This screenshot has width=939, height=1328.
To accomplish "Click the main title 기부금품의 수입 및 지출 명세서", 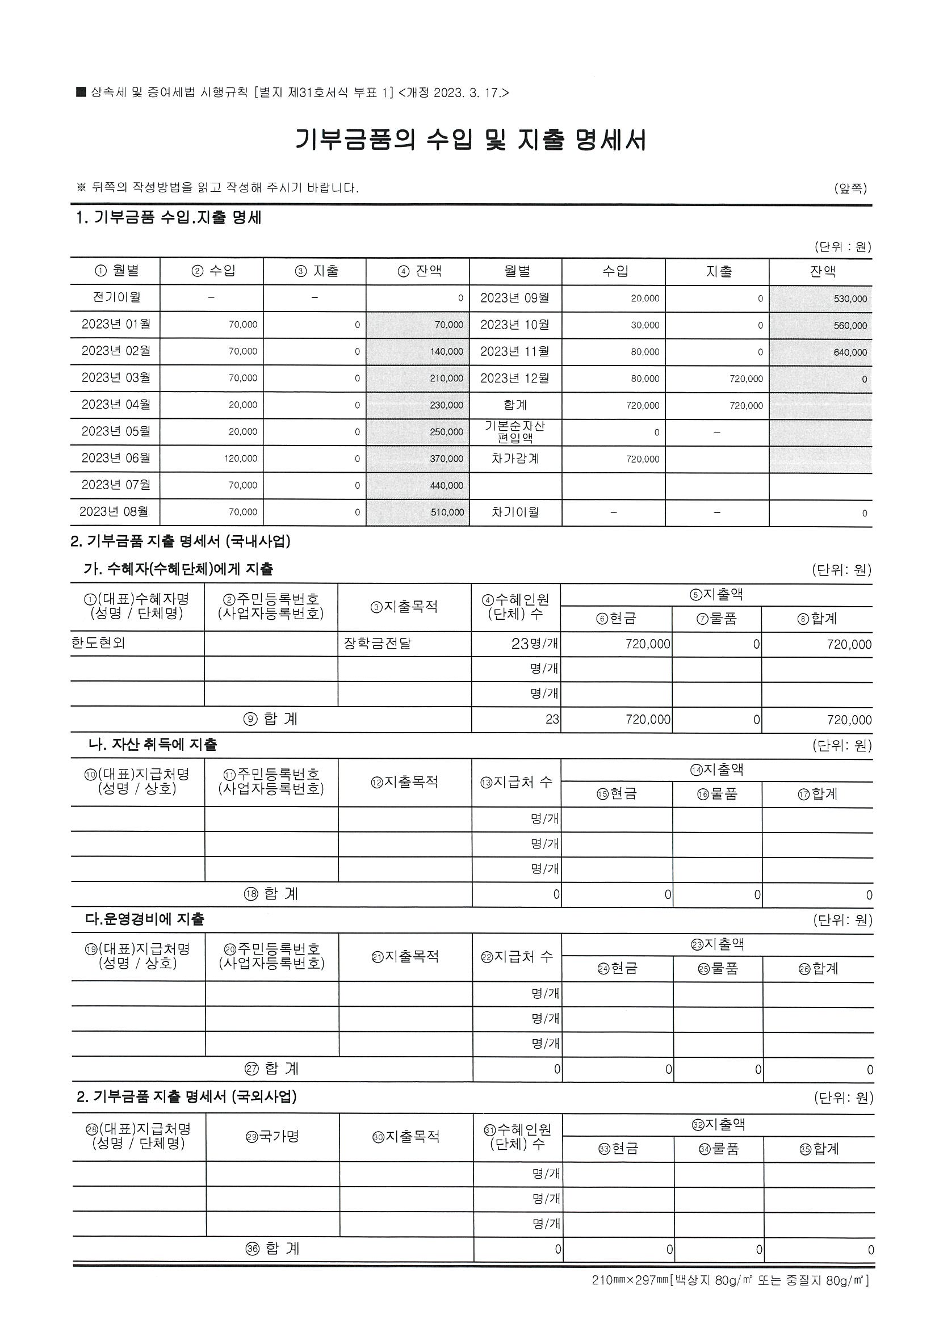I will point(471,140).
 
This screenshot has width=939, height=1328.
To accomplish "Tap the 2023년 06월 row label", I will point(116,458).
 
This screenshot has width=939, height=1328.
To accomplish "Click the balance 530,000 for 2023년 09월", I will point(850,299).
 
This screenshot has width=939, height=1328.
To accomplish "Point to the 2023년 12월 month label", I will point(514,379).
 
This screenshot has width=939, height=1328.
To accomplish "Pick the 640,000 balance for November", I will point(850,352).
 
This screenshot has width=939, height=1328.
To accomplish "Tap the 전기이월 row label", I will point(116,297).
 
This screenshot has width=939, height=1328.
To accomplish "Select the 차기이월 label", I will point(515,512).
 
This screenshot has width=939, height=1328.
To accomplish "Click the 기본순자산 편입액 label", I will point(515,432).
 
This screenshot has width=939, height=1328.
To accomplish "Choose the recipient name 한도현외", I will point(98,643).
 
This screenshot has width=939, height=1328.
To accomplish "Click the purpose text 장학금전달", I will point(377,643).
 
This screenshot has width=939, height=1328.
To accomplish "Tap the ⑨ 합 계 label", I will point(271,719).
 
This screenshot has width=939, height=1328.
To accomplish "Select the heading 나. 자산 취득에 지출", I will point(152,745).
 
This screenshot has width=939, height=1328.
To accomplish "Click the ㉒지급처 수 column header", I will point(517,957).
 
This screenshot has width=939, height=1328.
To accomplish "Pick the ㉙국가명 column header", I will point(273,1137).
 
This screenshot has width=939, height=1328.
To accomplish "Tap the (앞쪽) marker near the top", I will point(850,188).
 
